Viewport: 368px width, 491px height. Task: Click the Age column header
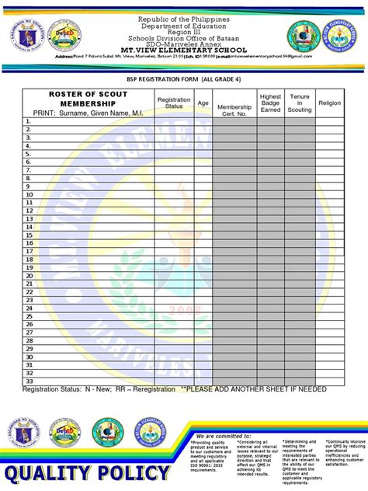203,103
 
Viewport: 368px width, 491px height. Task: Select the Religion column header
329,103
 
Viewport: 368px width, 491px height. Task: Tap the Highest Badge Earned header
270,103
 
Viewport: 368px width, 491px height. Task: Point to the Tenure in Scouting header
299,103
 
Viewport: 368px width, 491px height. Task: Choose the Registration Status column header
174,103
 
